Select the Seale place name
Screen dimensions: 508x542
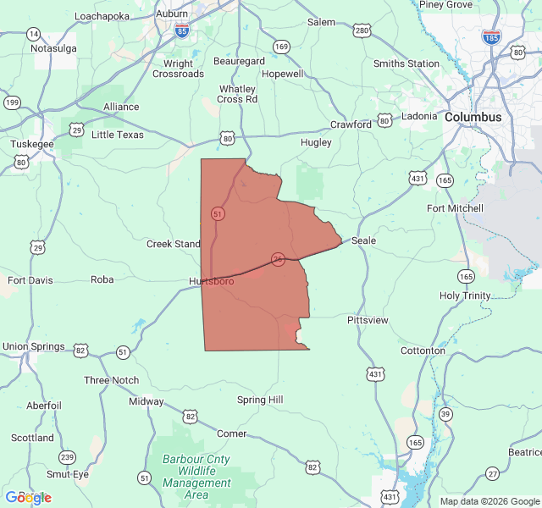click(363, 240)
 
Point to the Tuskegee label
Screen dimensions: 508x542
click(32, 144)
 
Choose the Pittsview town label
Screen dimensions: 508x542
click(368, 320)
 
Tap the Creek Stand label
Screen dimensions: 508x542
click(174, 244)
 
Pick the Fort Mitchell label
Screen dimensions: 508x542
click(455, 208)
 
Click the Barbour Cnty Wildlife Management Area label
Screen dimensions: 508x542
click(196, 476)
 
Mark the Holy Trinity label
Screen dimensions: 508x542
click(465, 295)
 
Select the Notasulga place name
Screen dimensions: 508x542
click(53, 48)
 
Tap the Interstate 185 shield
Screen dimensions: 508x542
click(490, 37)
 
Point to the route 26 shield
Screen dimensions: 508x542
click(278, 258)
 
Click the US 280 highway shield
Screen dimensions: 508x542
click(362, 31)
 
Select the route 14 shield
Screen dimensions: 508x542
click(33, 34)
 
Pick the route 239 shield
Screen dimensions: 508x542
click(68, 456)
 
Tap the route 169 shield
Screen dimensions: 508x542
click(281, 47)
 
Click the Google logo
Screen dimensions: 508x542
click(29, 497)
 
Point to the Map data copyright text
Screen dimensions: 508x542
click(489, 501)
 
